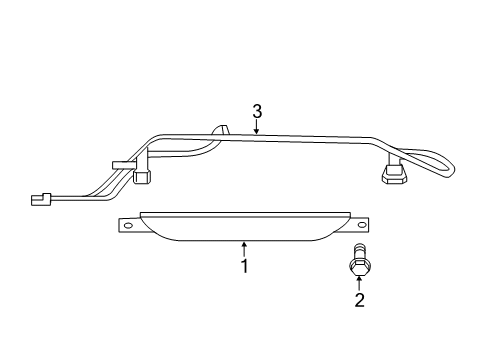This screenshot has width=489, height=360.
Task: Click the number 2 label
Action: (x=358, y=299)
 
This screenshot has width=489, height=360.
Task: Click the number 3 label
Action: (x=257, y=111)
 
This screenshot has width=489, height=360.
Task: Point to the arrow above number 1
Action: (x=243, y=247)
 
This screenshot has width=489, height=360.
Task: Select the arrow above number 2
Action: (x=358, y=282)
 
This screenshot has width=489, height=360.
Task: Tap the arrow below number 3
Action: (x=257, y=126)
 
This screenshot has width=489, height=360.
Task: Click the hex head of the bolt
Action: (x=358, y=265)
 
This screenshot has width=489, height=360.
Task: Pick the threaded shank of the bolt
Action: (x=358, y=251)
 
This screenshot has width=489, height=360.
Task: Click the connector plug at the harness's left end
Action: (x=41, y=198)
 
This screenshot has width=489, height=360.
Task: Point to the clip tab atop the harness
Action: (x=221, y=130)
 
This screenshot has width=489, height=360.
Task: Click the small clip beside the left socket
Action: (x=120, y=164)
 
